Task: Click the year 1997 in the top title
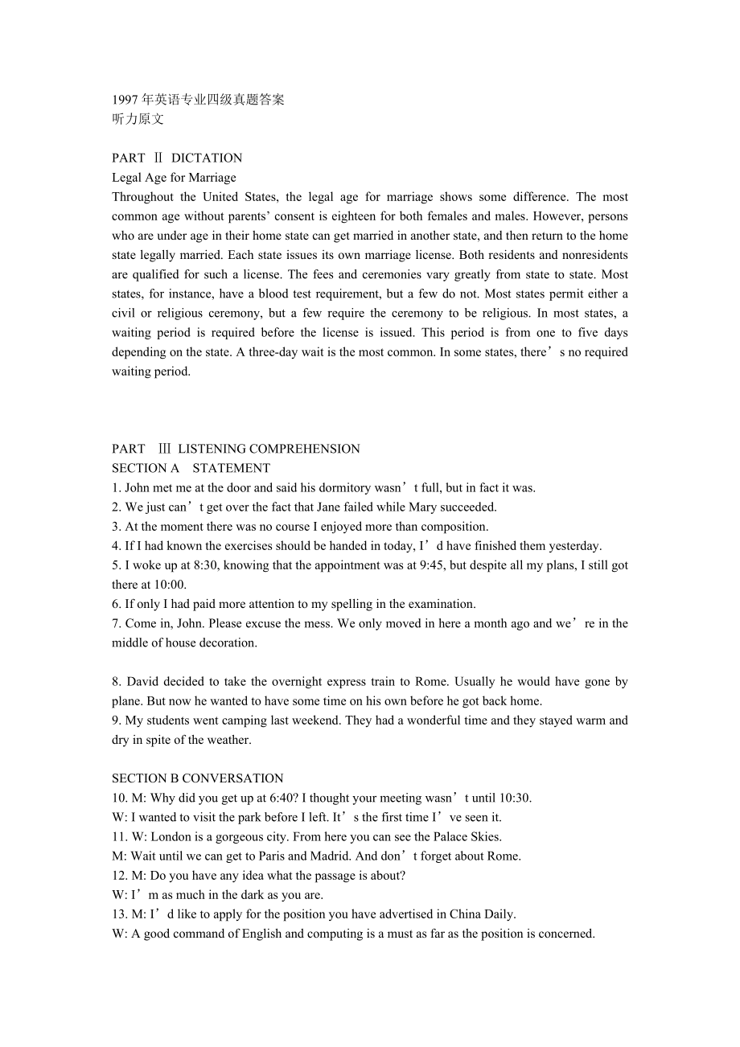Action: (x=125, y=100)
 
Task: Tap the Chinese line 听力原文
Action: (x=138, y=119)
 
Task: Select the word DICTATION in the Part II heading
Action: (x=207, y=158)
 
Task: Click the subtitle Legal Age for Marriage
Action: (x=174, y=178)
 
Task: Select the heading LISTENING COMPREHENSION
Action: (x=269, y=449)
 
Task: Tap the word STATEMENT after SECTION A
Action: (x=231, y=468)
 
